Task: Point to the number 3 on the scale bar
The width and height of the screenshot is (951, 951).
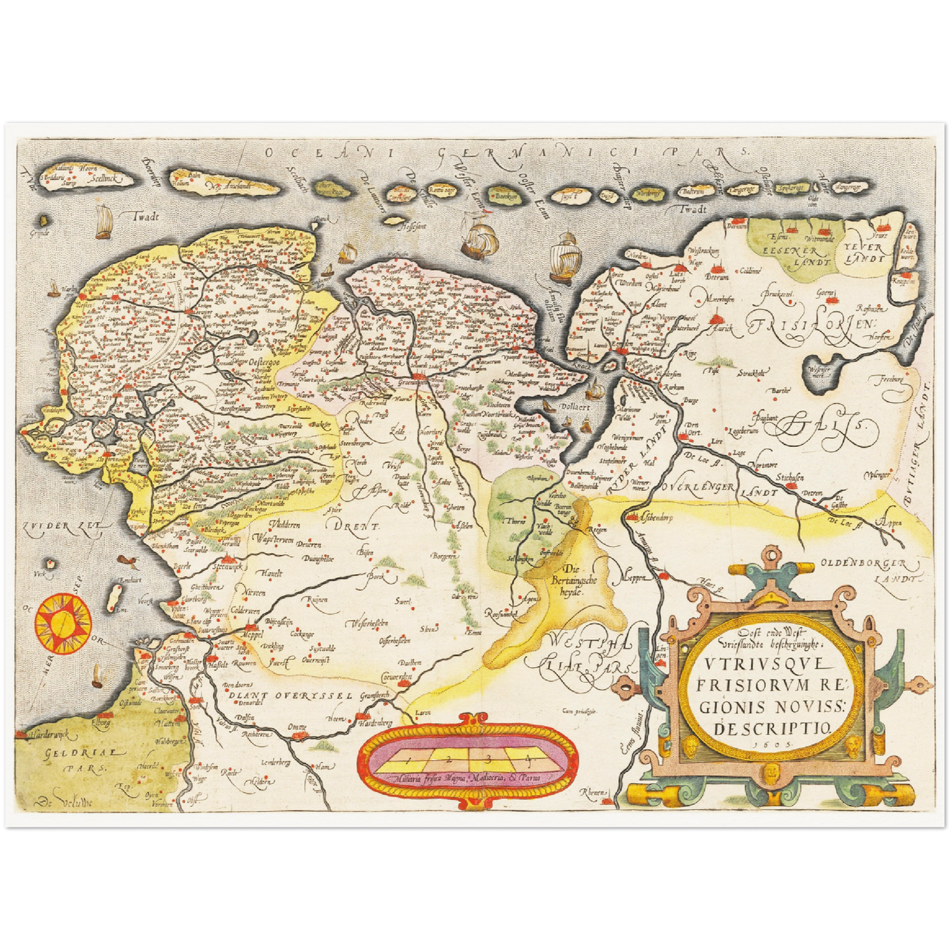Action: pos(488,759)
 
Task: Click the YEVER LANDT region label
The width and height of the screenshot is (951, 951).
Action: pos(862,253)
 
